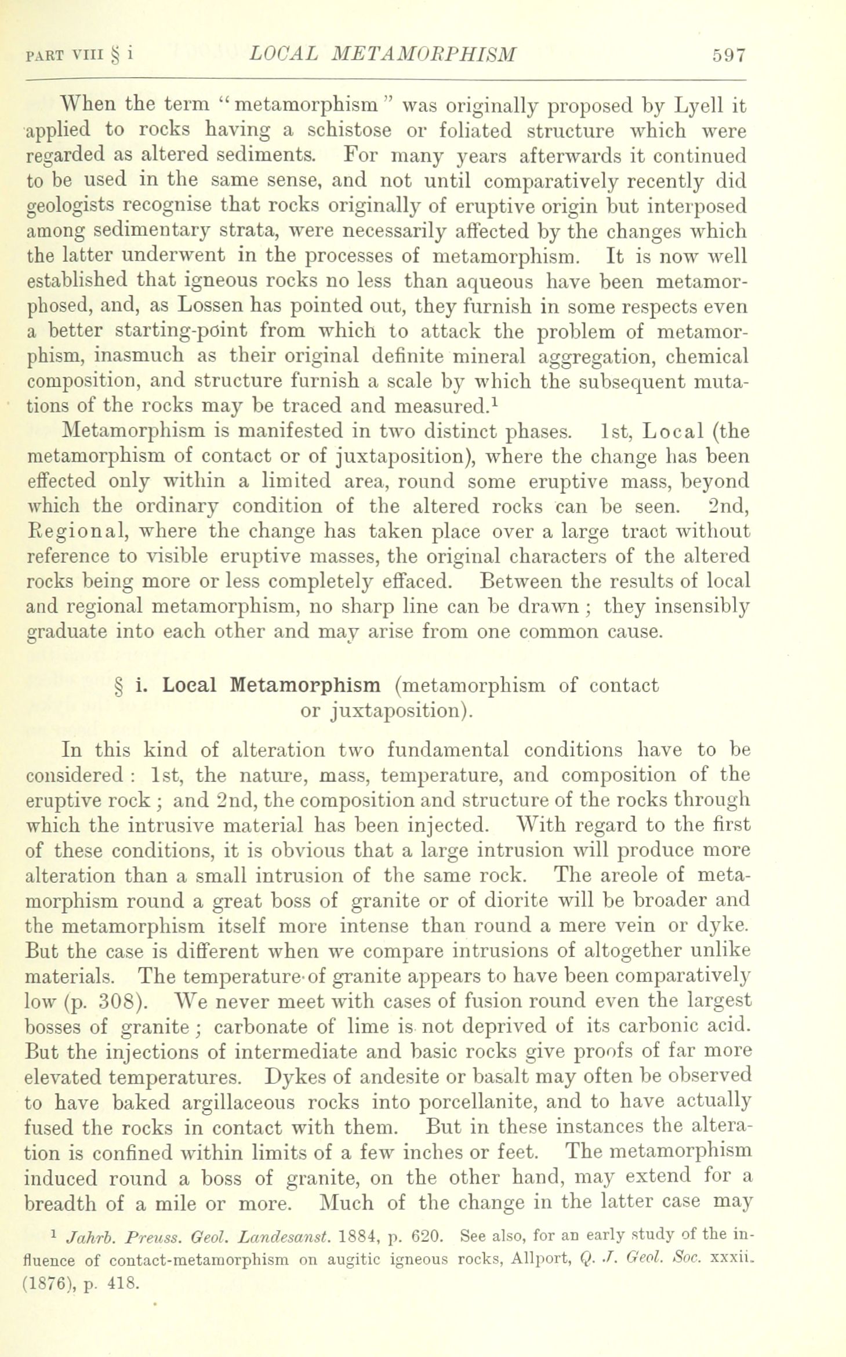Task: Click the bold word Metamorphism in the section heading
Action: (x=305, y=685)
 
